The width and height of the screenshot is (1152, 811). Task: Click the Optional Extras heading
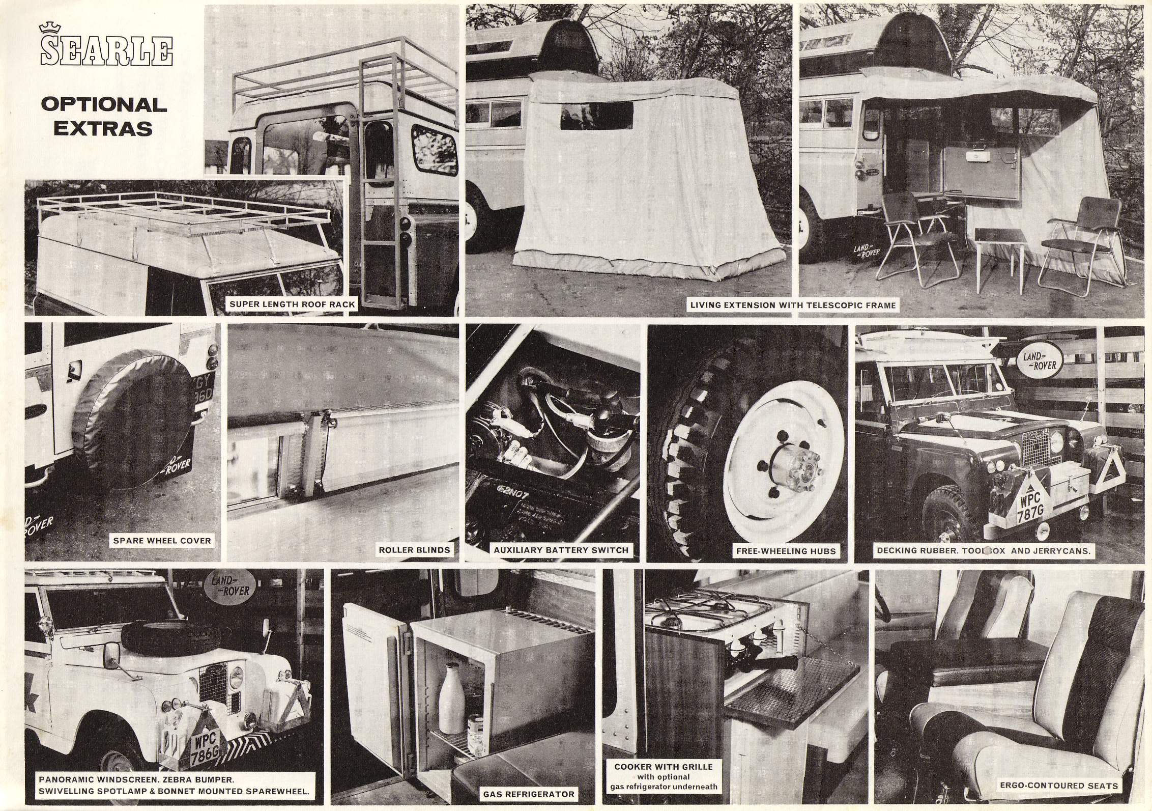(104, 117)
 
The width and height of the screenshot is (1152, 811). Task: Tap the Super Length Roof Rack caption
(293, 305)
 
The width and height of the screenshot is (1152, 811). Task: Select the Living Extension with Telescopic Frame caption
(792, 305)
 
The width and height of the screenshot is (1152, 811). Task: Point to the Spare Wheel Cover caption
(162, 541)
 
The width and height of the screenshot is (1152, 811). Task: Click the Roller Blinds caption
(414, 550)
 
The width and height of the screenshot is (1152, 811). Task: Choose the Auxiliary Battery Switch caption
(561, 550)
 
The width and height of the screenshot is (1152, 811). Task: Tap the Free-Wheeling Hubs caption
(786, 551)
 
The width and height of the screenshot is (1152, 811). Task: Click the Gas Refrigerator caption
(529, 794)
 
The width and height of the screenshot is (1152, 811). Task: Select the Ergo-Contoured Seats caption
(1059, 786)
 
